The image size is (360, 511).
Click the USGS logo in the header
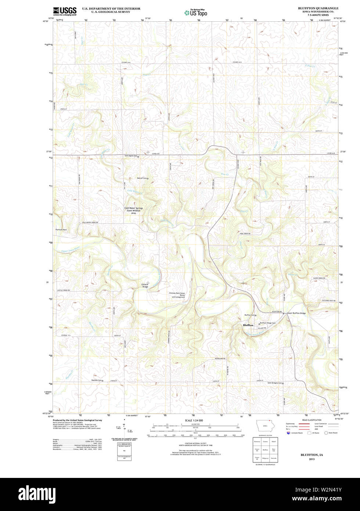point(65,11)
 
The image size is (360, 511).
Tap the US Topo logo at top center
point(196,12)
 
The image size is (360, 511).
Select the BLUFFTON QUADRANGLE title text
point(318,8)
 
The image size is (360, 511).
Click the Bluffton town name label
point(248,325)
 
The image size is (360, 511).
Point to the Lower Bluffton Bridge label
point(296,313)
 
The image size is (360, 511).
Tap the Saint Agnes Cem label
point(130,156)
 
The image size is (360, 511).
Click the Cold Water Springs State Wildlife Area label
point(134,210)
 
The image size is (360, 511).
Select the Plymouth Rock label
point(61,230)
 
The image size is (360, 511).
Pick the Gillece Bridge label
point(145,285)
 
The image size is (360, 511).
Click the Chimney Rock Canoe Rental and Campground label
point(177,295)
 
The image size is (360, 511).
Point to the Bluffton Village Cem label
point(268,323)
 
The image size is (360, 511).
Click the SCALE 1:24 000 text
point(194,420)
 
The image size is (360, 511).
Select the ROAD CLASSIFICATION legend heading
point(312,420)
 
